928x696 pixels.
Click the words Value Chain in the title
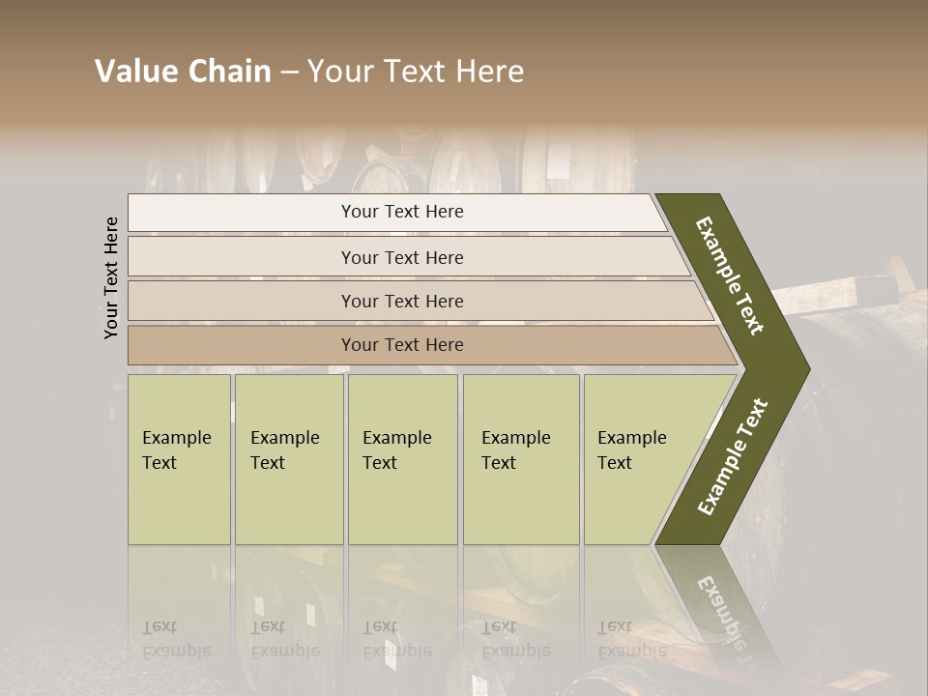coord(183,72)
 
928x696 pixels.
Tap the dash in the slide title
coord(289,72)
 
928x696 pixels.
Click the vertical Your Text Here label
coord(111,277)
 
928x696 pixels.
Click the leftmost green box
coord(179,459)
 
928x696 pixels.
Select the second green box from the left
coord(289,459)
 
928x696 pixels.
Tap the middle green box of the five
coord(402,459)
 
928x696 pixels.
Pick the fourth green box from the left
coord(521,459)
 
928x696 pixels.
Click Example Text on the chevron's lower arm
coord(733,456)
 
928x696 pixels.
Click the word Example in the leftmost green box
coord(176,438)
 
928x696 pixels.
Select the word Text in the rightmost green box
coord(615,463)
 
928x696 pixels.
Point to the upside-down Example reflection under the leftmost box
coord(176,650)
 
